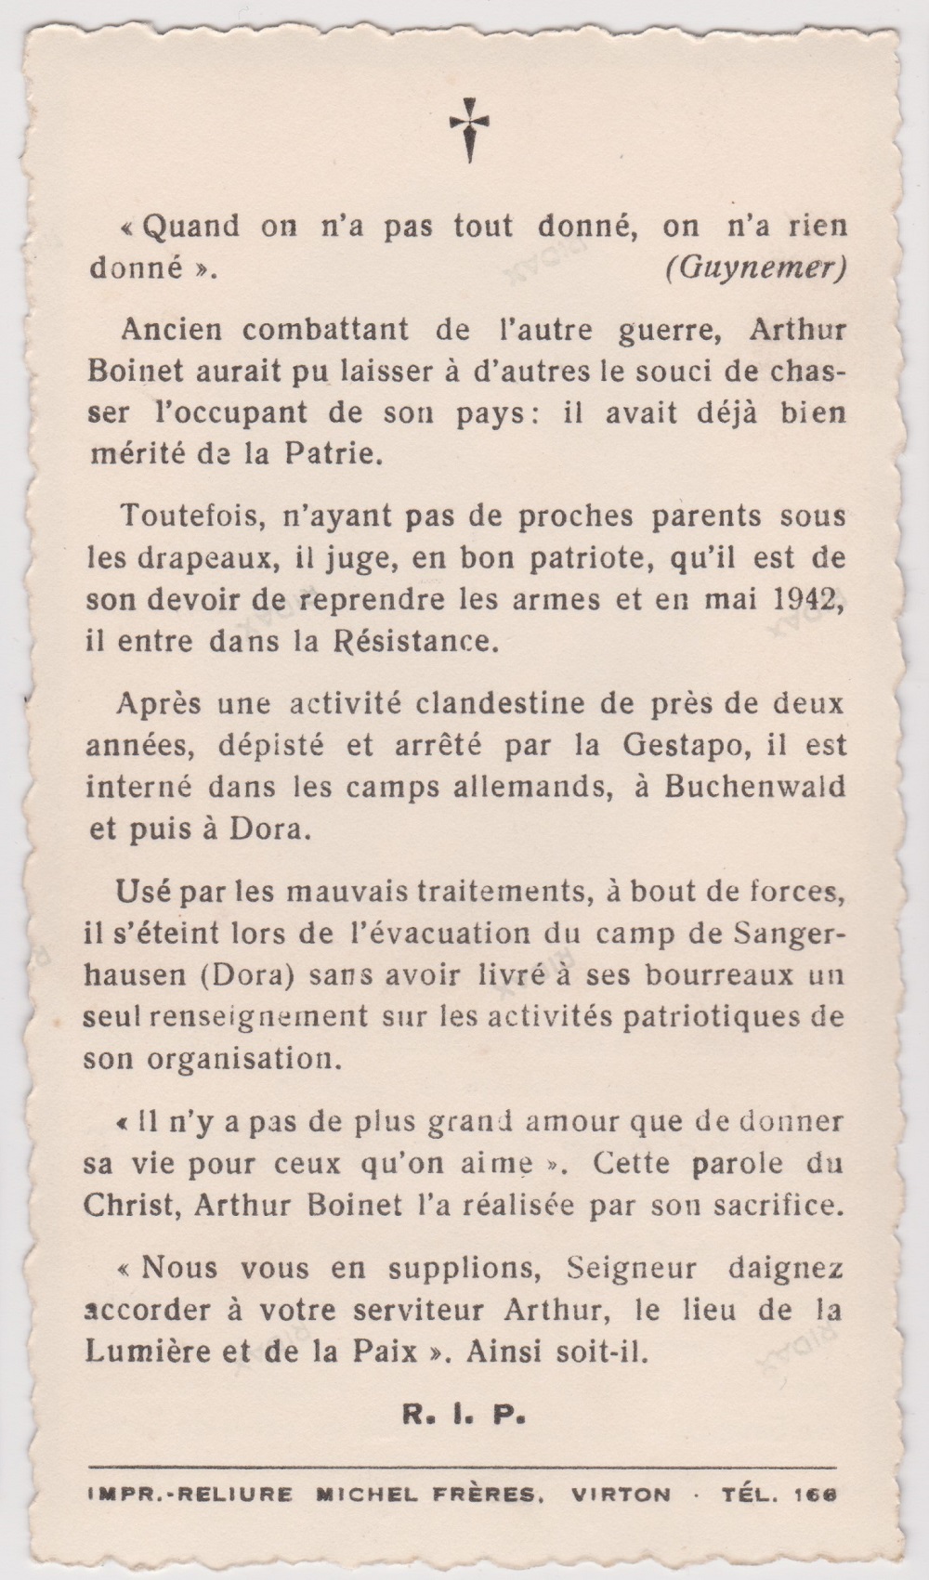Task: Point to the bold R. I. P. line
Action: (x=464, y=1417)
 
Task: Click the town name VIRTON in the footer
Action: (x=622, y=1495)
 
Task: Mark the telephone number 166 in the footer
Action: (x=817, y=1495)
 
